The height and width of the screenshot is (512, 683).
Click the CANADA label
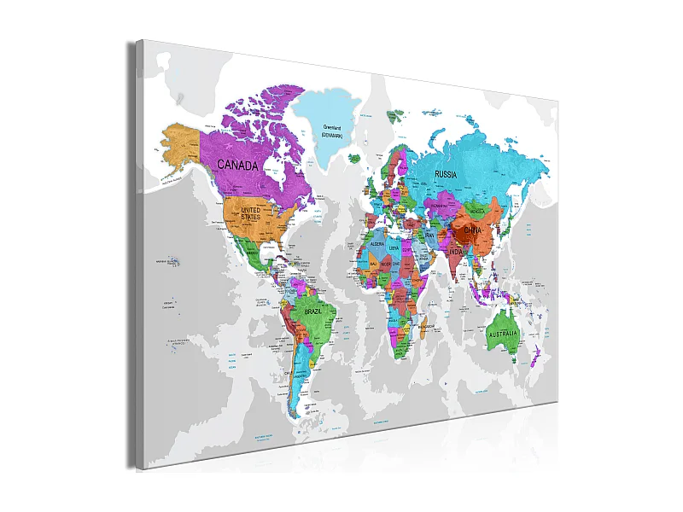237,165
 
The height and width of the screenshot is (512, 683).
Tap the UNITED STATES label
251,213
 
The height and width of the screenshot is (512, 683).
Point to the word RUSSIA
446,174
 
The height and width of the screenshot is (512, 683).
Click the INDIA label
457,252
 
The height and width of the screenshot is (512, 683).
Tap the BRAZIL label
313,312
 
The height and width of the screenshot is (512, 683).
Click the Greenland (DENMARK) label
331,131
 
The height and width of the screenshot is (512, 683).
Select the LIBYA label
394,247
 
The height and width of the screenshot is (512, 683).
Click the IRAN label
430,235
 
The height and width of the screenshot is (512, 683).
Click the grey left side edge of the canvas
135,256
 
